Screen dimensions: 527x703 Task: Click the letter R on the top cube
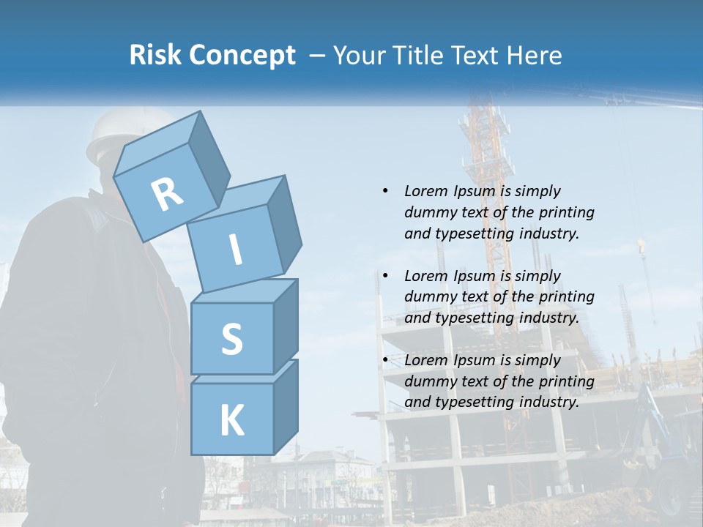pyautogui.click(x=167, y=195)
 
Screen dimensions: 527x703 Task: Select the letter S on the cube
pyautogui.click(x=231, y=339)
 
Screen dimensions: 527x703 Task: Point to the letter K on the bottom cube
pyautogui.click(x=231, y=420)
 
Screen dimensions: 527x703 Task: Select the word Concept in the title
pyautogui.click(x=242, y=56)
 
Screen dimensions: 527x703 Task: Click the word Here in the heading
pyautogui.click(x=535, y=55)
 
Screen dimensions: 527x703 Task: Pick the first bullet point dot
pyautogui.click(x=385, y=191)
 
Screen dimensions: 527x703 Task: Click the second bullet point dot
pyautogui.click(x=385, y=276)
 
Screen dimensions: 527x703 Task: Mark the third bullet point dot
pyautogui.click(x=385, y=360)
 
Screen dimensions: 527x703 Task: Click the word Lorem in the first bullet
pyautogui.click(x=425, y=191)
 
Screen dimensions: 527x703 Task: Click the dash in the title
pyautogui.click(x=318, y=56)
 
